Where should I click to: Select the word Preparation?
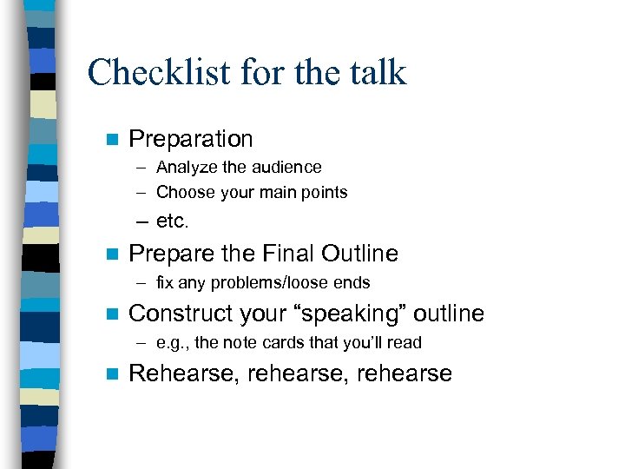pyautogui.click(x=190, y=139)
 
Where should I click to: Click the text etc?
pyautogui.click(x=172, y=221)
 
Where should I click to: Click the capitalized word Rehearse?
pyautogui.click(x=183, y=374)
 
